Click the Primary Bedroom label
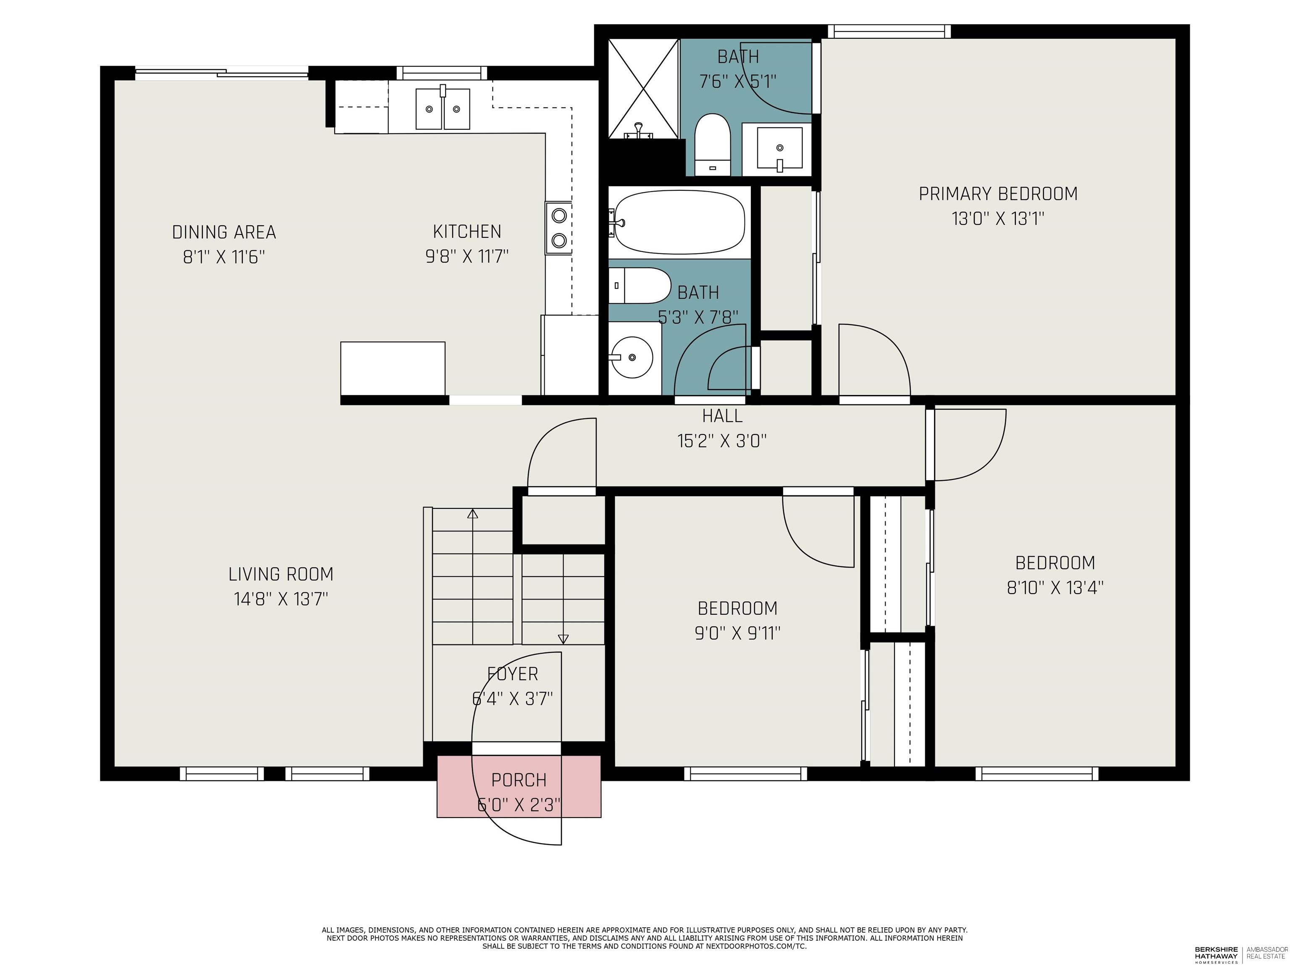[x=998, y=194]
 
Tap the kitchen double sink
[x=443, y=109]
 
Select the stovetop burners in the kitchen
[x=558, y=228]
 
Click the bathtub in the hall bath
[x=679, y=222]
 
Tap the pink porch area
[x=519, y=786]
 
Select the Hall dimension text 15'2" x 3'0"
[x=721, y=441]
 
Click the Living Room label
[x=281, y=574]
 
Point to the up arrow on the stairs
[x=472, y=514]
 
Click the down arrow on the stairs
[x=563, y=639]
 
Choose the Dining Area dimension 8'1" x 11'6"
[x=224, y=257]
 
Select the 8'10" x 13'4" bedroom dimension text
[x=1055, y=588]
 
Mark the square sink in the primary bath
[x=779, y=147]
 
